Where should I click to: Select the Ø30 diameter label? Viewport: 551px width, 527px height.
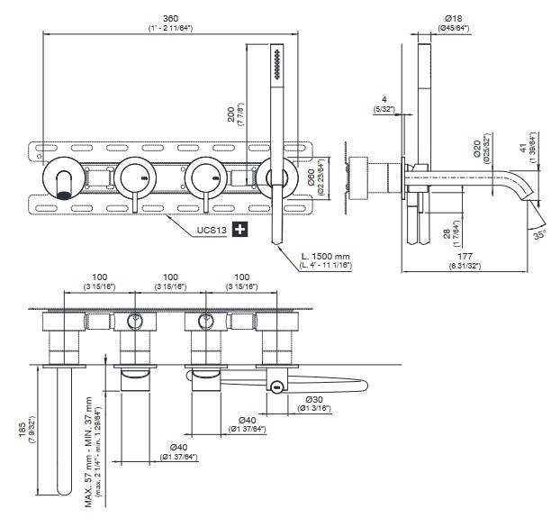(x=314, y=398)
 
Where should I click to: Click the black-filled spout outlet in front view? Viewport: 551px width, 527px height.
(x=65, y=188)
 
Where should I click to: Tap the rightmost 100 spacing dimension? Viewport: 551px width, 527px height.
(x=240, y=278)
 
